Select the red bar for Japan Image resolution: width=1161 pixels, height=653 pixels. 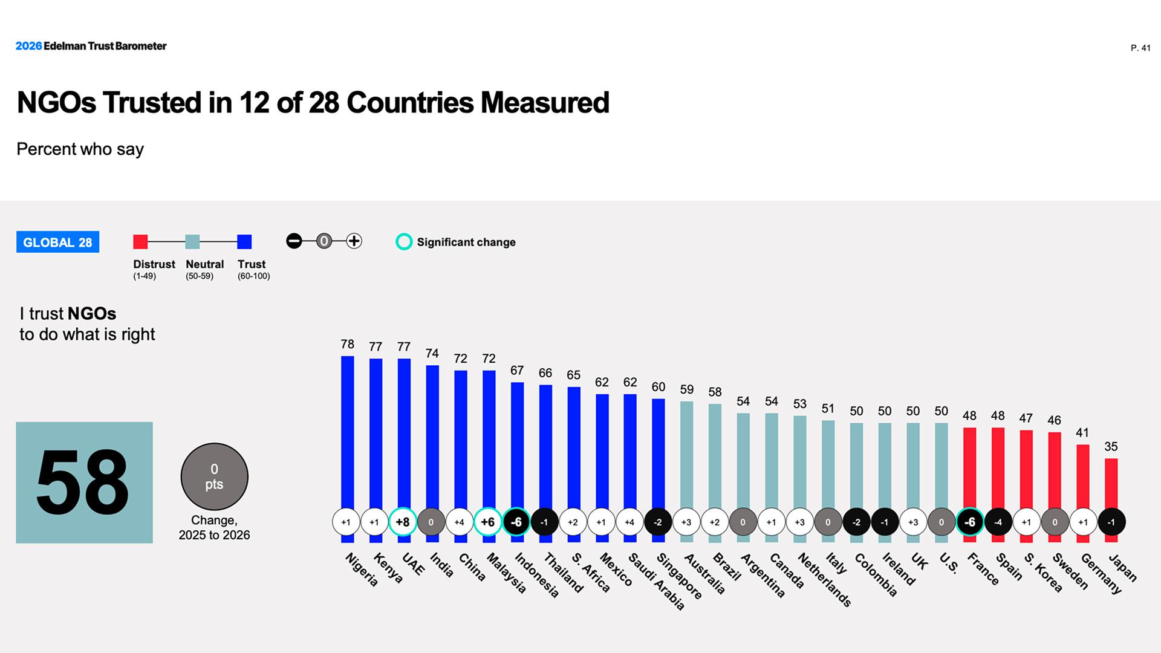tap(1111, 484)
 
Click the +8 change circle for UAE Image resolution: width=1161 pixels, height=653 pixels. tap(403, 522)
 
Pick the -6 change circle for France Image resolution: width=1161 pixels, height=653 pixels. tap(970, 522)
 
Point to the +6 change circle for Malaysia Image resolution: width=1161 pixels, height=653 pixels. tap(488, 522)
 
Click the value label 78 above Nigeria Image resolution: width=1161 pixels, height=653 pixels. tap(347, 344)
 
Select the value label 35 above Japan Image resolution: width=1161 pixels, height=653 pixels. tap(1111, 447)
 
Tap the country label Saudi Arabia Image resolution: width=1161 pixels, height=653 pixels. tap(657, 581)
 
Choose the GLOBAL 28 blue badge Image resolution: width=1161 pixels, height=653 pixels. tap(57, 242)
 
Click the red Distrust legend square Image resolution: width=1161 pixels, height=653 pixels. tap(140, 242)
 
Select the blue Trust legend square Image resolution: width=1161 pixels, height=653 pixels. tap(244, 242)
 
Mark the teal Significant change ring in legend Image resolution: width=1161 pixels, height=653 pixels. tap(403, 242)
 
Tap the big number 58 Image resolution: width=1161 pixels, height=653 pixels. tap(83, 482)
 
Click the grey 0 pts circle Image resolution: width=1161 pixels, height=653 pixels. tap(214, 476)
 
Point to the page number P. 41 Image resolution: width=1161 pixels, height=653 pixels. tap(1140, 48)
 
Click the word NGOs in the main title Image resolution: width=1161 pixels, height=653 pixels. tap(56, 103)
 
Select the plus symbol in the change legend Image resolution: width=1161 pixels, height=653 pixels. tap(354, 241)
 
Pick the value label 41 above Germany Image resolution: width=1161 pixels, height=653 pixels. tap(1082, 433)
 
